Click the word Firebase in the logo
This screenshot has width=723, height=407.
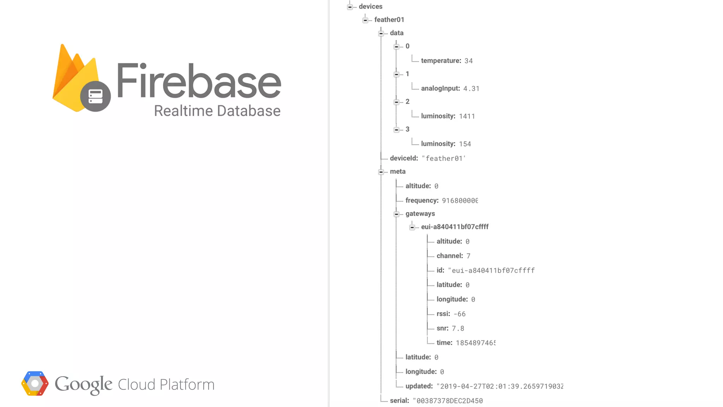point(199,81)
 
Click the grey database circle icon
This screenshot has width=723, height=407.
point(95,96)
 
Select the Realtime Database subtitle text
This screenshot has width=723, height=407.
point(217,111)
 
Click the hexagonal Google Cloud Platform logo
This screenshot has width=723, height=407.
point(35,384)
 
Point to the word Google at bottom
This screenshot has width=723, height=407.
point(83,384)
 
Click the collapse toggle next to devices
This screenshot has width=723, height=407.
point(350,7)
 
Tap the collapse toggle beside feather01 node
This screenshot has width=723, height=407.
point(365,20)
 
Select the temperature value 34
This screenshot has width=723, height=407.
point(468,61)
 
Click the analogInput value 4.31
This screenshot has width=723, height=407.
point(471,89)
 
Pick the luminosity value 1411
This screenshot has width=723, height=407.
point(467,116)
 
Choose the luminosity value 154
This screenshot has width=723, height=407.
point(465,144)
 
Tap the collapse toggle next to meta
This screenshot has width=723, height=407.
point(381,172)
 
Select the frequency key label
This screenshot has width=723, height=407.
point(422,200)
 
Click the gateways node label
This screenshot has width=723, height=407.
point(420,214)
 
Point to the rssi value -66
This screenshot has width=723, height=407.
point(460,314)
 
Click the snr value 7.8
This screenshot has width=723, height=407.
point(458,329)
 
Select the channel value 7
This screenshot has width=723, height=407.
point(468,256)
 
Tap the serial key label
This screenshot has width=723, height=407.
point(399,401)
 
